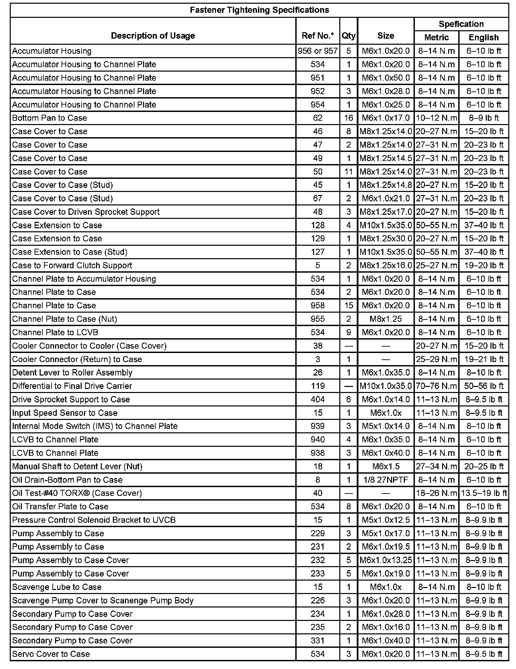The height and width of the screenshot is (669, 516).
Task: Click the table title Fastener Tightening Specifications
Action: pos(259,10)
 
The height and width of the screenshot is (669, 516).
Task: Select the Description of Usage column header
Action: pos(153,36)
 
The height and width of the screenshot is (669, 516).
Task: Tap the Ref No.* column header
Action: pos(317,36)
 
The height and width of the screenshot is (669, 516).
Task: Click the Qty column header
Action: pos(348,36)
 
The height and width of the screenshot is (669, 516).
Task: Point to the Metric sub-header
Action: pos(436,37)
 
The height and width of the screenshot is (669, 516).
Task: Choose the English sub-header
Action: pos(483,37)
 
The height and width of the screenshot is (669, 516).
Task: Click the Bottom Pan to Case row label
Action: pos(49,118)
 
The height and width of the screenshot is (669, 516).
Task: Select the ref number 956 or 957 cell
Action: pos(317,51)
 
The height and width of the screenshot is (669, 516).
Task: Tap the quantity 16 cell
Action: pos(348,118)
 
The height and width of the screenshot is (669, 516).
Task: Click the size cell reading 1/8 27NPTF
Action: pos(386,480)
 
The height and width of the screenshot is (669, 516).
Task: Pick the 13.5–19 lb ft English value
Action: pos(484,493)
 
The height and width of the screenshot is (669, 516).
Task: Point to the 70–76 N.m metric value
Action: pos(436,386)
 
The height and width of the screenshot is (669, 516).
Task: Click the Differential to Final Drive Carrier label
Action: pos(72,386)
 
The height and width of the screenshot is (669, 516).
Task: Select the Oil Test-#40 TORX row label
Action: pos(77,493)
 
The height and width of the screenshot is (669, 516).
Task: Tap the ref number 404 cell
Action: pos(317,399)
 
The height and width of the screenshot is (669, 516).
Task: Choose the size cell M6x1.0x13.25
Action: pos(386,560)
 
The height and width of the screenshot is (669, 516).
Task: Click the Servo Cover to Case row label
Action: pos(51,654)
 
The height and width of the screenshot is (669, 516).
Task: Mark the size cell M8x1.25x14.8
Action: pos(386,185)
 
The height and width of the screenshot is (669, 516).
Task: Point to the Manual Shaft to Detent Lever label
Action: pos(77,466)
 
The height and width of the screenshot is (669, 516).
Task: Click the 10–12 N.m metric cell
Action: pos(436,118)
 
